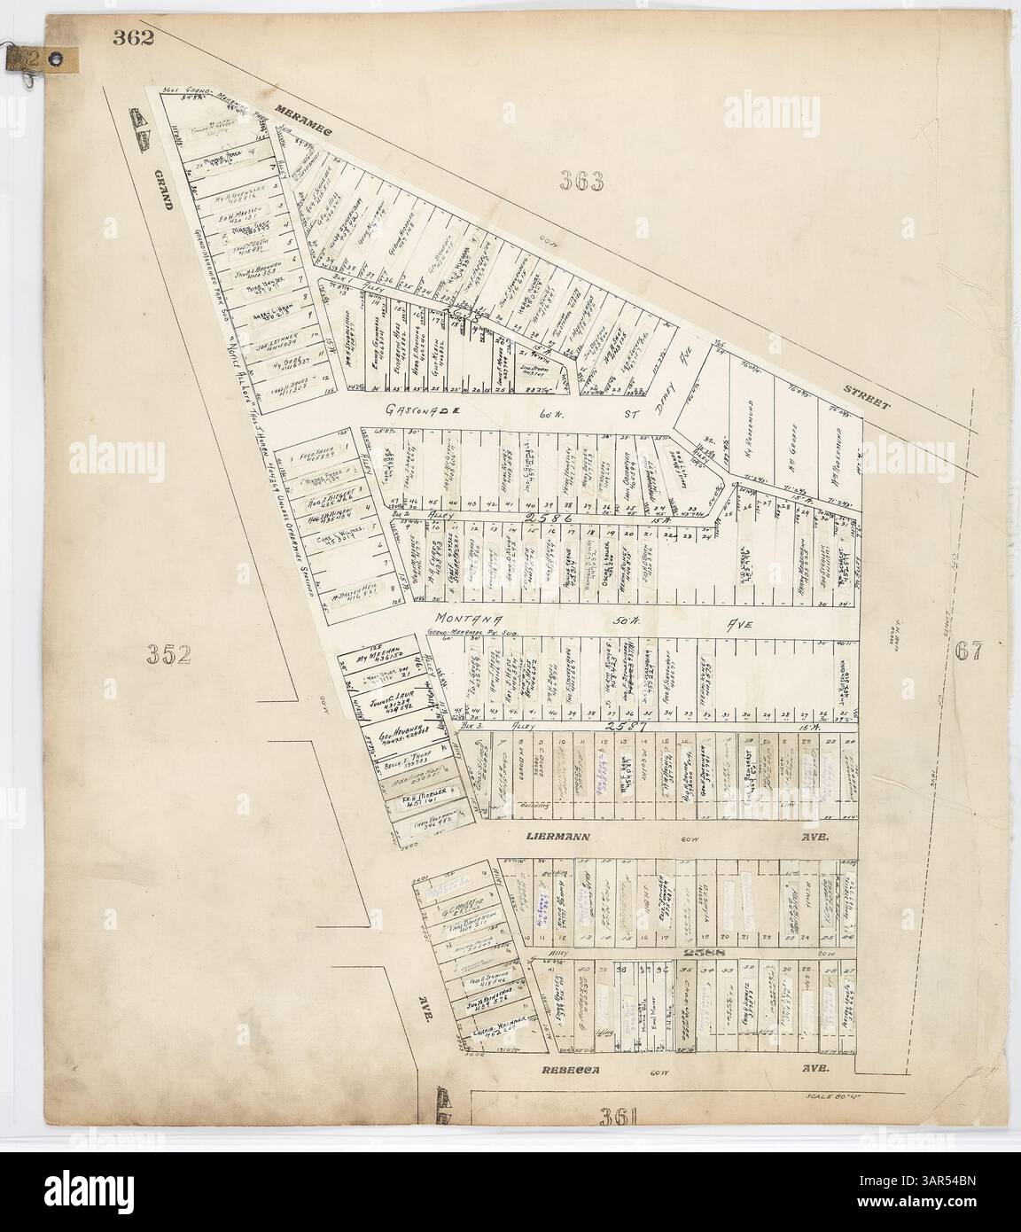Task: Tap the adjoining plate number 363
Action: pyautogui.click(x=581, y=182)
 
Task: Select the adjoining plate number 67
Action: pyautogui.click(x=972, y=650)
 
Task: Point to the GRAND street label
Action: pyautogui.click(x=164, y=185)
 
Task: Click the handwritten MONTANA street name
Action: pyautogui.click(x=467, y=619)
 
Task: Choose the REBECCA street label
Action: pyautogui.click(x=572, y=1070)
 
